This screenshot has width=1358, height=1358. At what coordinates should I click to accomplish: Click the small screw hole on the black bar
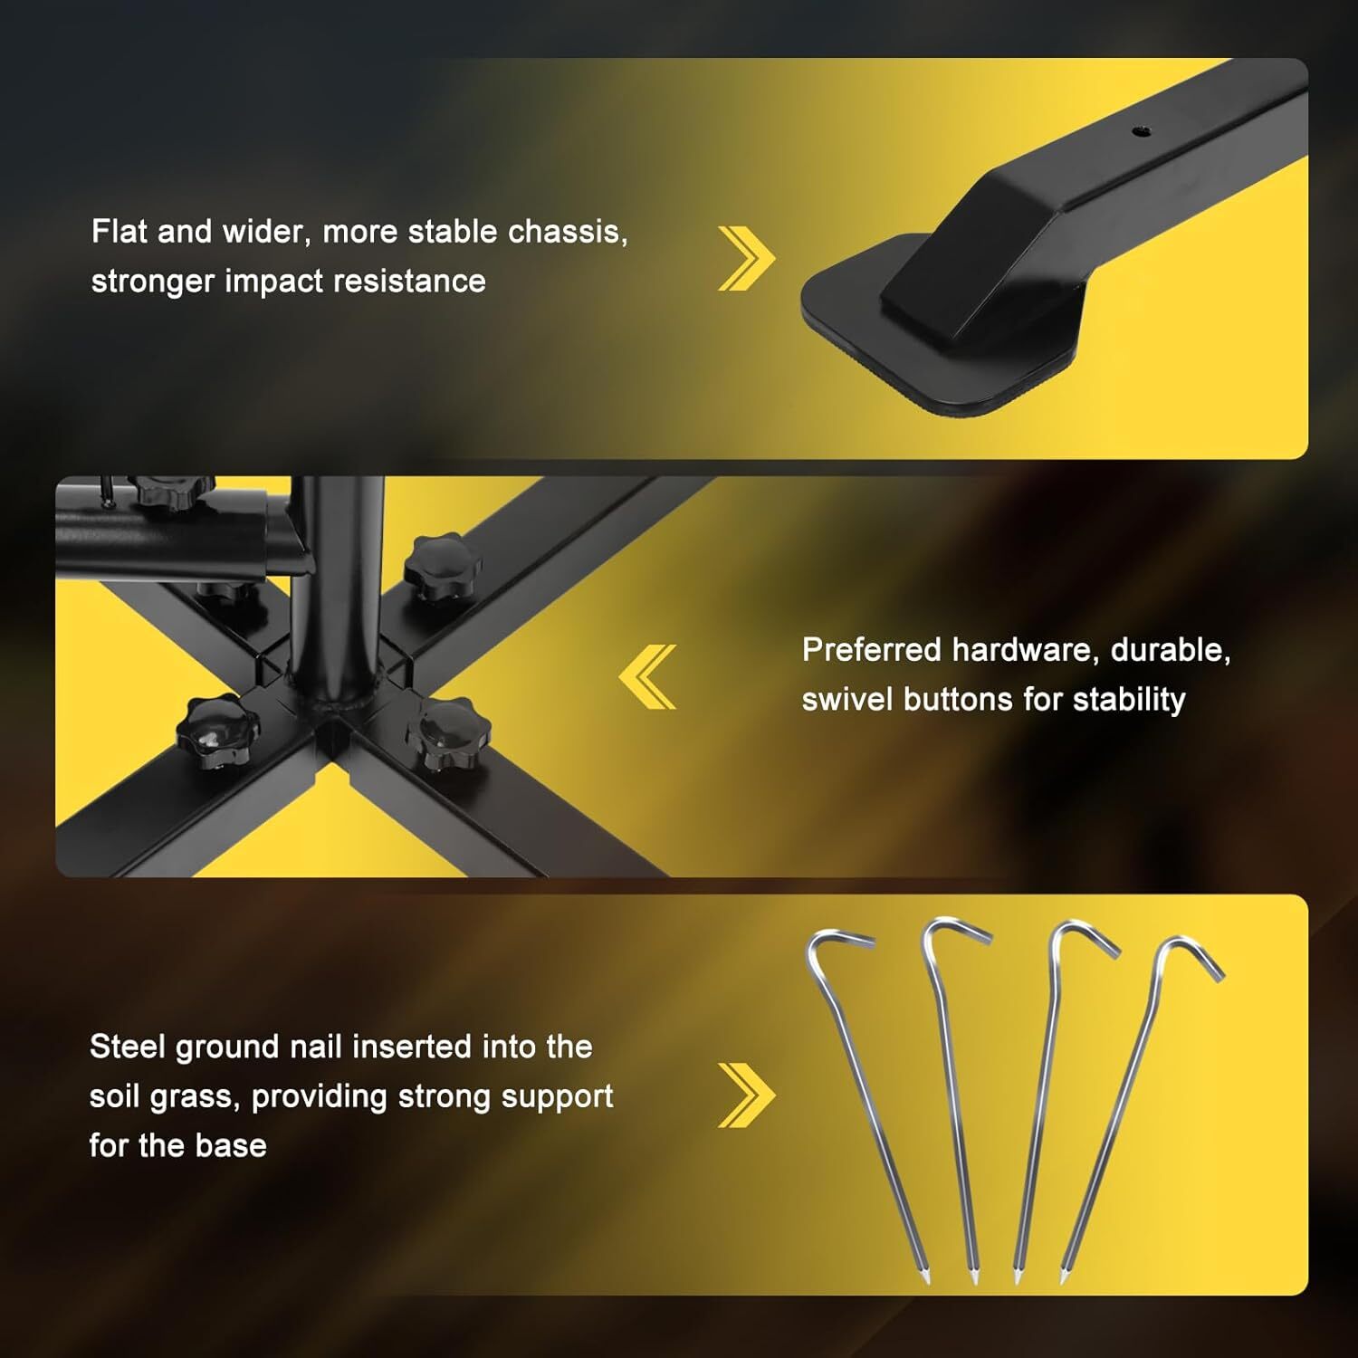point(1142,131)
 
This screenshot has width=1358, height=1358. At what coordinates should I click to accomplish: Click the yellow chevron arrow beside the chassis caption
point(746,259)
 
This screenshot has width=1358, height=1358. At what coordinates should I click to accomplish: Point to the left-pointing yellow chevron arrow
point(648,676)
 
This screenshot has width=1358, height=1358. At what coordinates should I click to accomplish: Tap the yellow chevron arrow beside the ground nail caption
point(746,1095)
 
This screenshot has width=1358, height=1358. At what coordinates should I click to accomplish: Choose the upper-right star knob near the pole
point(441,567)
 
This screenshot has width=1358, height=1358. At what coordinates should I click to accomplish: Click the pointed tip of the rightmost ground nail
point(1064,1280)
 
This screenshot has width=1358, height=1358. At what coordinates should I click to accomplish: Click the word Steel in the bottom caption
point(128,1047)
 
